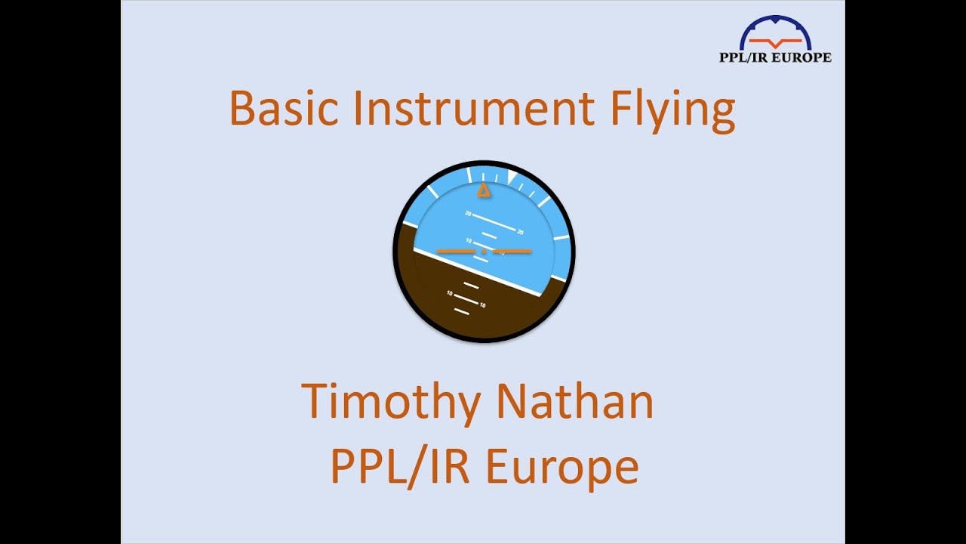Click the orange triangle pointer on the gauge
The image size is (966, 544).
(x=484, y=191)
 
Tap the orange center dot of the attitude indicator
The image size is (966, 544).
(x=484, y=251)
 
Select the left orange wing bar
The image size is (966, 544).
(x=455, y=251)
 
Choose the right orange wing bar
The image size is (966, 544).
(x=513, y=251)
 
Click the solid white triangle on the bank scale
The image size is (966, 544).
(x=512, y=177)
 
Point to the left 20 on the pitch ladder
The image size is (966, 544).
(x=468, y=214)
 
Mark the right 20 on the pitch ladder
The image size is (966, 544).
(x=520, y=231)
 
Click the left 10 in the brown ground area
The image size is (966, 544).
(x=450, y=293)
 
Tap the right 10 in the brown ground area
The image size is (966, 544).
(x=482, y=305)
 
